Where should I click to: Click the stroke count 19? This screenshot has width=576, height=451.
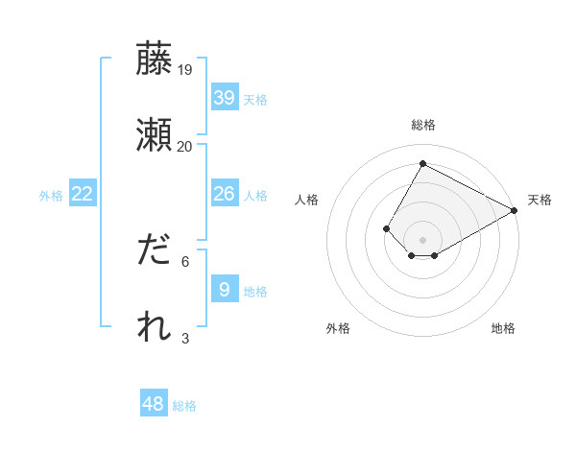(x=185, y=70)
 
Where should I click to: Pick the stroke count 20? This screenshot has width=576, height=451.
(x=185, y=146)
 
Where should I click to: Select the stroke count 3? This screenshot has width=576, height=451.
(x=185, y=338)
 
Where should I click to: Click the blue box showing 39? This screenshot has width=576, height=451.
(x=225, y=98)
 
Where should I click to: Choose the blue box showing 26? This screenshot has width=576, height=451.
(x=225, y=194)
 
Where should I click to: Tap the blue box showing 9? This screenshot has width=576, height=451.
(x=225, y=290)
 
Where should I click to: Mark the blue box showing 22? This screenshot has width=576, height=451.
(x=83, y=194)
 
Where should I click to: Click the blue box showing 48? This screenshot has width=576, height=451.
(x=154, y=404)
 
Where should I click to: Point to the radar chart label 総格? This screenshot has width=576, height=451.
(x=423, y=125)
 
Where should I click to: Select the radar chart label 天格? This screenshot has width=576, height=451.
(x=540, y=200)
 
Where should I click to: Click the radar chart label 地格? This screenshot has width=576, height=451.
(x=503, y=329)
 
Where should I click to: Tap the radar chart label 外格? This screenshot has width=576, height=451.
(x=338, y=329)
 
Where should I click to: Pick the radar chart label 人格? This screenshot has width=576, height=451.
(x=307, y=200)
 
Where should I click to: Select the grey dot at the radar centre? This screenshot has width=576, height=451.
(x=422, y=239)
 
